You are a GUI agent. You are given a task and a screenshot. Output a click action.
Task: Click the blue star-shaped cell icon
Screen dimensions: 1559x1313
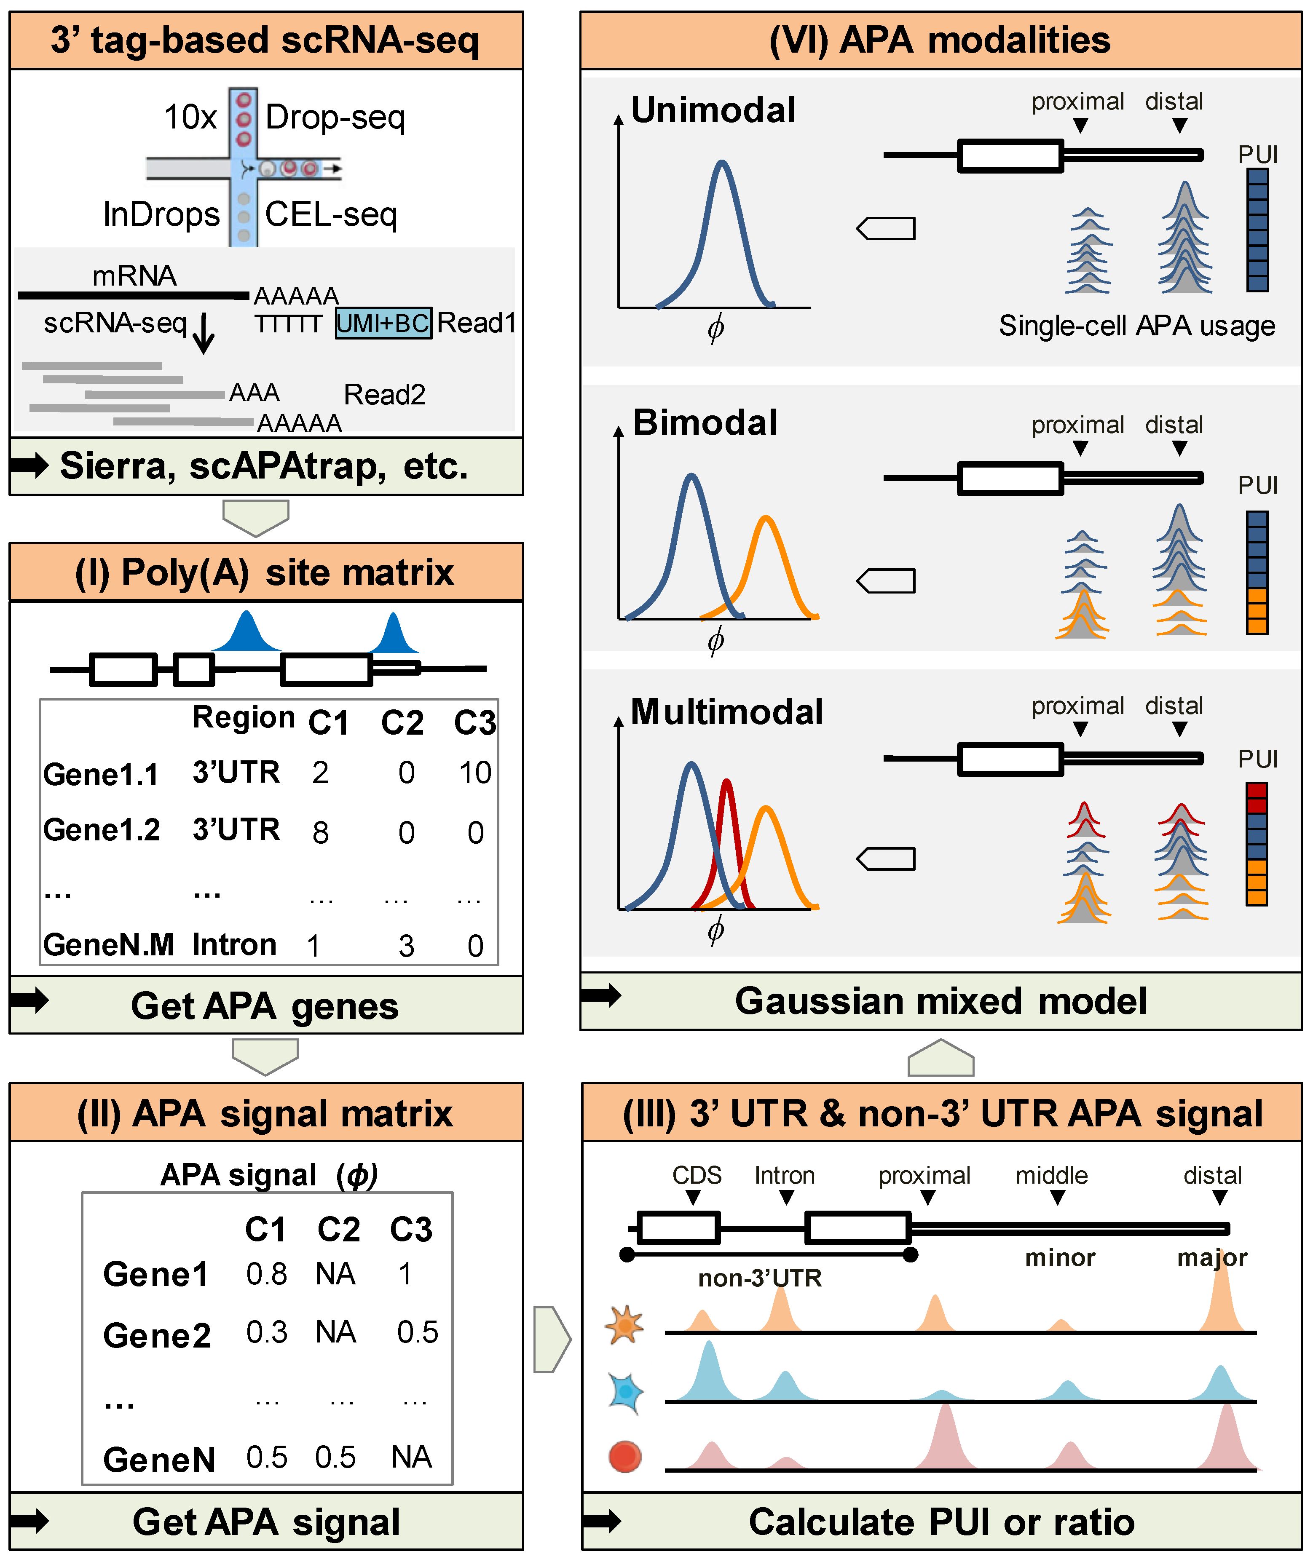click(x=624, y=1392)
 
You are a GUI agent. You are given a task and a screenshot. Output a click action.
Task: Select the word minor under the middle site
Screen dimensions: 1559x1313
click(x=1060, y=1258)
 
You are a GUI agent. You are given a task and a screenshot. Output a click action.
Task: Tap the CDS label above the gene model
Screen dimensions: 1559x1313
click(x=697, y=1176)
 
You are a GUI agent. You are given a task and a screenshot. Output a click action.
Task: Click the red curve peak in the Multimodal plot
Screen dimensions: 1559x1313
click(x=726, y=781)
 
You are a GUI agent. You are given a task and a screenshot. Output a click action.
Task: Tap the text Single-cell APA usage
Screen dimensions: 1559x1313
click(x=1136, y=326)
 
